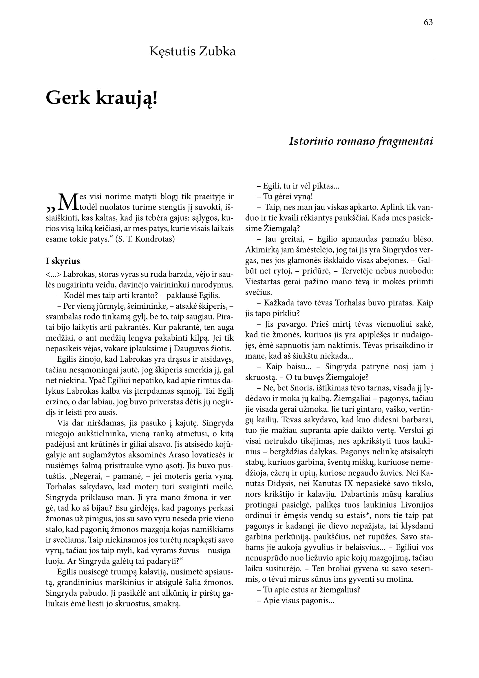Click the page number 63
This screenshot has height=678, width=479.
coord(428,22)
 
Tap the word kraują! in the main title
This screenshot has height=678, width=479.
coord(127,99)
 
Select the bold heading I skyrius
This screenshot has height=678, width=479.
coord(63,261)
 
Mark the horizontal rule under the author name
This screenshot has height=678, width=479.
coord(291,61)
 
